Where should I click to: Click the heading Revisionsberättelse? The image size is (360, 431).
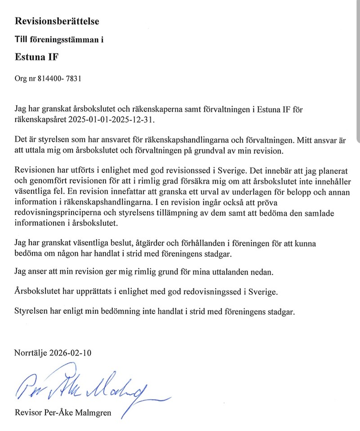click(x=57, y=21)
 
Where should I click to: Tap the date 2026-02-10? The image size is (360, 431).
click(x=74, y=352)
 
